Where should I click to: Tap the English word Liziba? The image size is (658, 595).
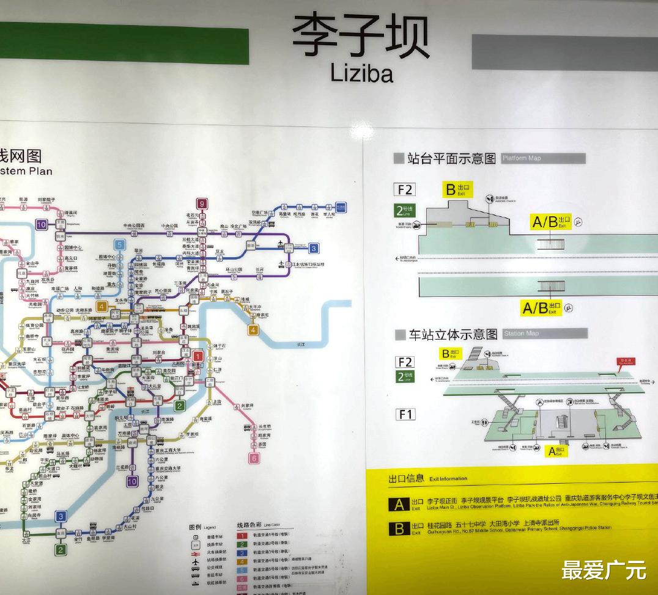pyautogui.click(x=361, y=73)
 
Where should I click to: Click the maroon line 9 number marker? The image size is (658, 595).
pyautogui.click(x=201, y=203)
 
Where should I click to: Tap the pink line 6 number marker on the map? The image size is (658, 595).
pyautogui.click(x=254, y=458)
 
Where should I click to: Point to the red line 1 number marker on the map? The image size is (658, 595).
pyautogui.click(x=198, y=356)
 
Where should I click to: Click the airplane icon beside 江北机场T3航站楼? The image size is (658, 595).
pyautogui.click(x=281, y=264)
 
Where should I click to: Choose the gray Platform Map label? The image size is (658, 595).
pyautogui.click(x=543, y=158)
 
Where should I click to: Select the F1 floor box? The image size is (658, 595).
pyautogui.click(x=405, y=415)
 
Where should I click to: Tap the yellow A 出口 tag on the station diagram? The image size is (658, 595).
pyautogui.click(x=556, y=451)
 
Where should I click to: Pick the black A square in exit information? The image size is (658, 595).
pyautogui.click(x=399, y=505)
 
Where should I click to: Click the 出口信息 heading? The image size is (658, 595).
pyautogui.click(x=406, y=478)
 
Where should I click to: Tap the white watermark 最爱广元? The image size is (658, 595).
pyautogui.click(x=604, y=570)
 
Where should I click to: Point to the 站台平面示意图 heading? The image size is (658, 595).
pyautogui.click(x=451, y=159)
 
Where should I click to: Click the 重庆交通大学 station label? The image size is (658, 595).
pyautogui.click(x=167, y=468)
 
